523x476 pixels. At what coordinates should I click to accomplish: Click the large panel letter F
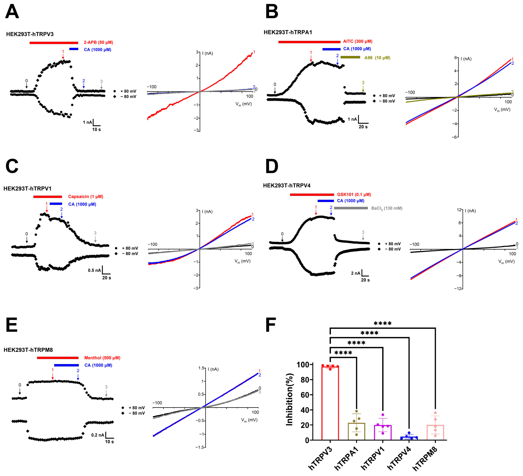tap(271, 325)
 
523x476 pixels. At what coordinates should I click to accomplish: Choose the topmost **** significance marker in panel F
tap(382, 323)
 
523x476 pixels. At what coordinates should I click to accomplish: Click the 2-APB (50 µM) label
tap(98, 42)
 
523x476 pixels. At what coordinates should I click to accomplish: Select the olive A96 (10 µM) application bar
tap(350, 57)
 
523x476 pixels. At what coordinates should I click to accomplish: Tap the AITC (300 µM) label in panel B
tap(357, 41)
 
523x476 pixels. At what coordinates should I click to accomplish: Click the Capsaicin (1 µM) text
tap(86, 197)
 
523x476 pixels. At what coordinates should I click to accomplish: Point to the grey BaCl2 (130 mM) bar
tap(351, 208)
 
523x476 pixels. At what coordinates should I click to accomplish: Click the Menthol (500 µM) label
tap(102, 358)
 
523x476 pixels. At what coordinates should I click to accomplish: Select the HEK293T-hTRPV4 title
tap(287, 185)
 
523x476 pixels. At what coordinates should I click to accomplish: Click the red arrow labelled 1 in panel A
tap(63, 55)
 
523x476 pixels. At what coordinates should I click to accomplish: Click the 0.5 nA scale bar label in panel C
tap(94, 270)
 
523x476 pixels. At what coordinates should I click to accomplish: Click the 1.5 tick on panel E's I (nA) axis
tap(201, 368)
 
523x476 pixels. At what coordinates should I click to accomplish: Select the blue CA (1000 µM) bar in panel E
tap(66, 365)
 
